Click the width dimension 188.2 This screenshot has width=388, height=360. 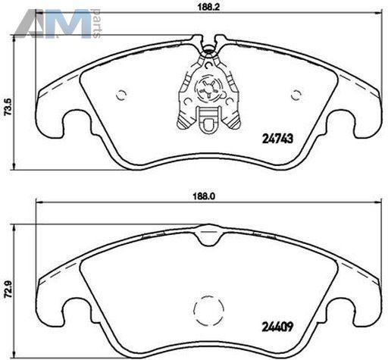[208, 7]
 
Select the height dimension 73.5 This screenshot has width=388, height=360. [8, 107]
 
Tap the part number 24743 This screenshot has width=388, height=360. [278, 139]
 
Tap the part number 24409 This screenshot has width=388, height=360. [277, 327]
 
